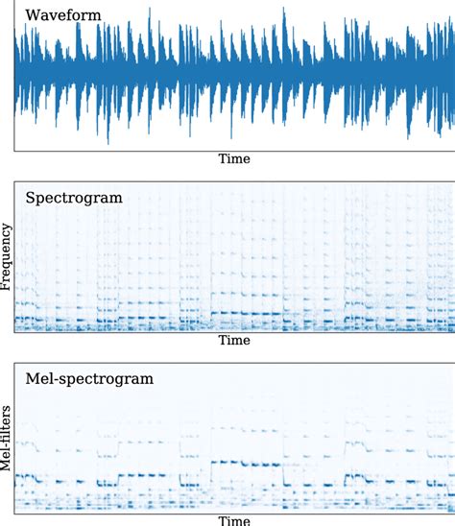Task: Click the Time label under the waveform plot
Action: pyautogui.click(x=234, y=159)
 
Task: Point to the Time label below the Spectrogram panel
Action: pyautogui.click(x=234, y=341)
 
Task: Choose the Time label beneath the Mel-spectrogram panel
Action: pyautogui.click(x=234, y=520)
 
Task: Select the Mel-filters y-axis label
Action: pyautogui.click(x=7, y=437)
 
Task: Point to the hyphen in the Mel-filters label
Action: pyautogui.click(x=7, y=445)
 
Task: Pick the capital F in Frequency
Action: pyautogui.click(x=7, y=286)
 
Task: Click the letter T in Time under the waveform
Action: pyautogui.click(x=222, y=159)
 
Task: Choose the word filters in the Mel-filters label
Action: pyautogui.click(x=7, y=424)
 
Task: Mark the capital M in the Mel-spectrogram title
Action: pyautogui.click(x=32, y=379)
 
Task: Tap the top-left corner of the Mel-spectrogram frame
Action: pyautogui.click(x=14, y=363)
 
